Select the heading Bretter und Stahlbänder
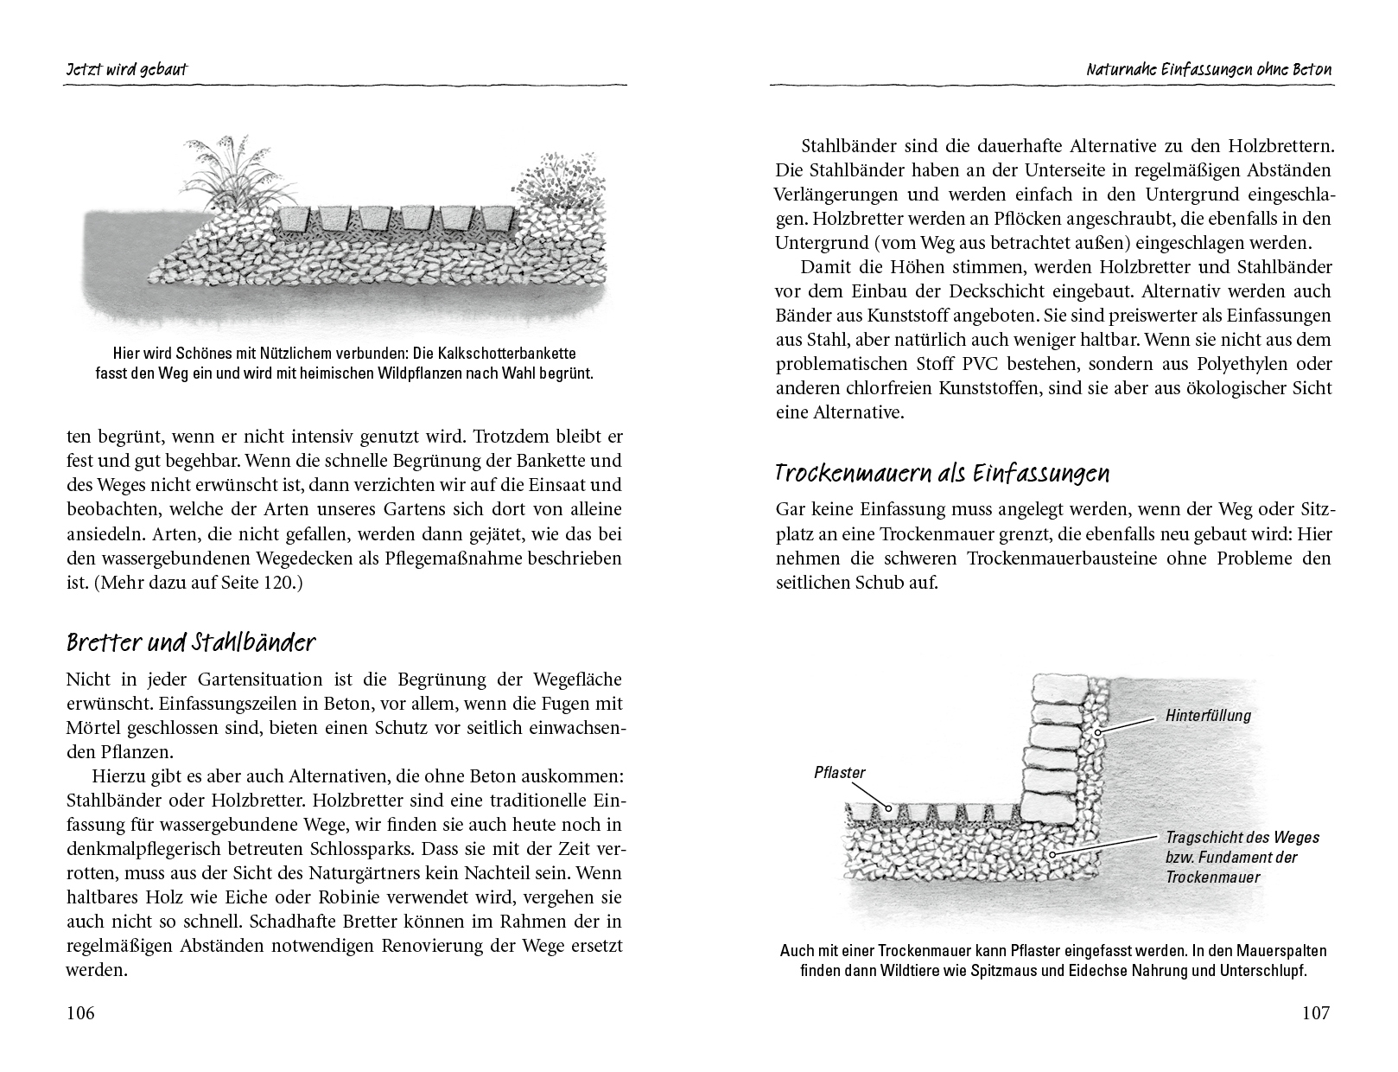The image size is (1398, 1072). (x=191, y=644)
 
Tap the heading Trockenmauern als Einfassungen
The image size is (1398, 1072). (x=942, y=474)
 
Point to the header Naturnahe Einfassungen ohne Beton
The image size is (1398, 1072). (x=1209, y=69)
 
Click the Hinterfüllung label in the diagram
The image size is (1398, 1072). (x=1208, y=715)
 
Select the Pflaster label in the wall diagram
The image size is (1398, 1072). (x=839, y=772)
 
